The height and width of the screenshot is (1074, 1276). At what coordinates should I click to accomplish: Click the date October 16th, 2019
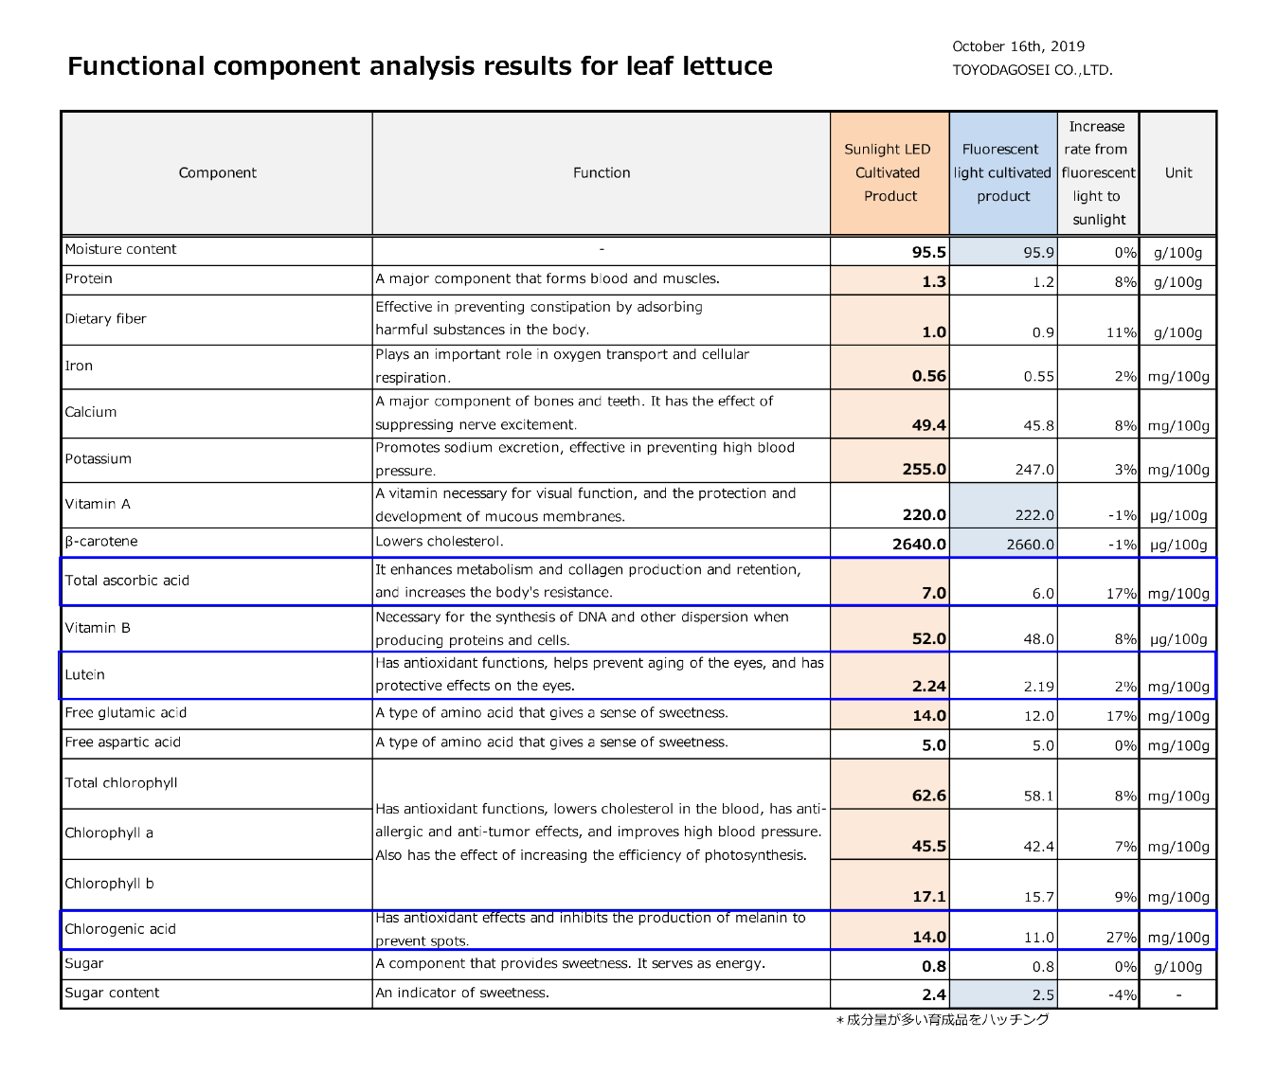(x=1018, y=46)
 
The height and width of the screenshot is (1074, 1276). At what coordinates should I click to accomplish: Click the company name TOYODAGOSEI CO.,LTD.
(x=1033, y=70)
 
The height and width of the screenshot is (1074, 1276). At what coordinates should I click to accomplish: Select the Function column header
(x=602, y=173)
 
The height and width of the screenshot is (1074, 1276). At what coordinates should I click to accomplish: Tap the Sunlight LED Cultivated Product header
(x=888, y=173)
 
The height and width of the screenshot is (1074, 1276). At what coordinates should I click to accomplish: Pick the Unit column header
(x=1178, y=173)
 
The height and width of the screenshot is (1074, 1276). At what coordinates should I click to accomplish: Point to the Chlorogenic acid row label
(x=120, y=929)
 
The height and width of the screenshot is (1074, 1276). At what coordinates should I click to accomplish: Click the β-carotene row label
(x=101, y=542)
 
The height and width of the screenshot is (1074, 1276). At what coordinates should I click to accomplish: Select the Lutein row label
(x=85, y=674)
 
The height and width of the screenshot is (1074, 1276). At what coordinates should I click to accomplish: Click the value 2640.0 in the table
(x=919, y=545)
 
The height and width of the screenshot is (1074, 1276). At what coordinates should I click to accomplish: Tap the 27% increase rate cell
(x=1122, y=938)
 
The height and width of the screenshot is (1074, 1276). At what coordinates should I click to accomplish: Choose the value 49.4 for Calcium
(x=929, y=425)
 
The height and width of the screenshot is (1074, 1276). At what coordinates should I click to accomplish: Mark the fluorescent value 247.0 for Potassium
(x=1034, y=469)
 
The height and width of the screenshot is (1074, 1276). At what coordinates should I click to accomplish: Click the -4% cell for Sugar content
(x=1123, y=995)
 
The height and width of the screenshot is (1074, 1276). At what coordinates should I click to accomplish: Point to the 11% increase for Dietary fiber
(x=1122, y=332)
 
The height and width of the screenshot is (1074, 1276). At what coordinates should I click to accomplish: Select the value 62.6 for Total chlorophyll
(x=929, y=796)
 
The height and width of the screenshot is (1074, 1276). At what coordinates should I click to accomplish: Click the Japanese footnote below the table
(x=943, y=1019)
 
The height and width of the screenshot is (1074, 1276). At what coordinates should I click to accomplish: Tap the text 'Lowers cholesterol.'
(x=440, y=542)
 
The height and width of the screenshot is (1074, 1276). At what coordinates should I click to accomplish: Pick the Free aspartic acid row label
(x=123, y=743)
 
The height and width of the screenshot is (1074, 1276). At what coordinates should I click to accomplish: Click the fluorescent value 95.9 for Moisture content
(x=1039, y=252)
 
